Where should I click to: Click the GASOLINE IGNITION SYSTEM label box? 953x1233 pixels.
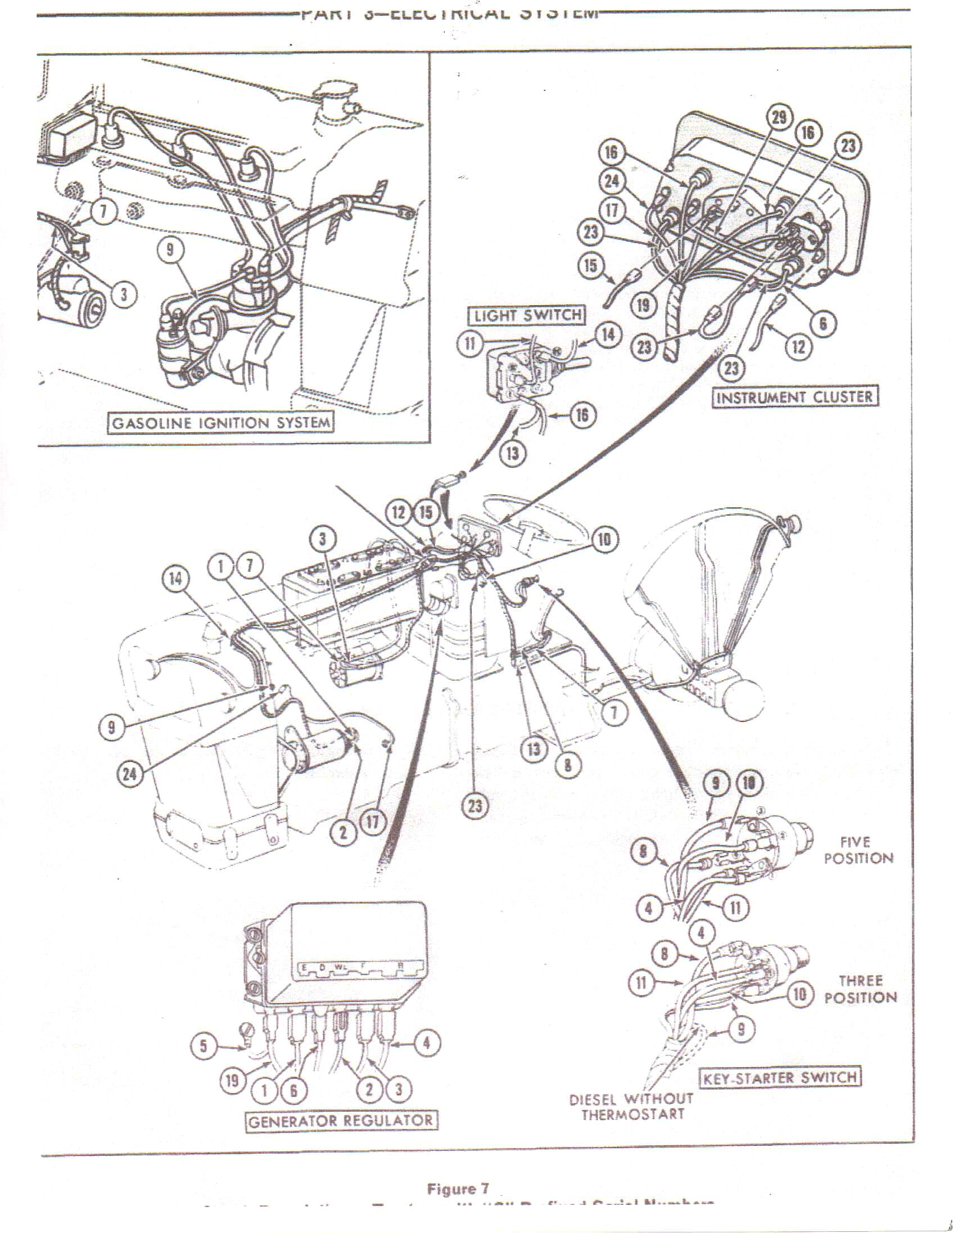click(x=220, y=423)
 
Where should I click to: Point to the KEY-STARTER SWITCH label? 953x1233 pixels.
click(x=782, y=1077)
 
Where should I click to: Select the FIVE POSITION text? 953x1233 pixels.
click(x=858, y=850)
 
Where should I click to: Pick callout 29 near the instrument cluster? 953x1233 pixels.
click(x=779, y=118)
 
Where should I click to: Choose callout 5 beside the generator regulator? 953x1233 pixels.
click(x=205, y=1046)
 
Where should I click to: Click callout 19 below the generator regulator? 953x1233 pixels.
click(x=232, y=1081)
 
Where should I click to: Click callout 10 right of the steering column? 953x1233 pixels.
click(x=604, y=540)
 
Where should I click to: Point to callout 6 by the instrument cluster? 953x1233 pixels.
click(x=823, y=323)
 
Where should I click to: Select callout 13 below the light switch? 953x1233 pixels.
click(x=513, y=453)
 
